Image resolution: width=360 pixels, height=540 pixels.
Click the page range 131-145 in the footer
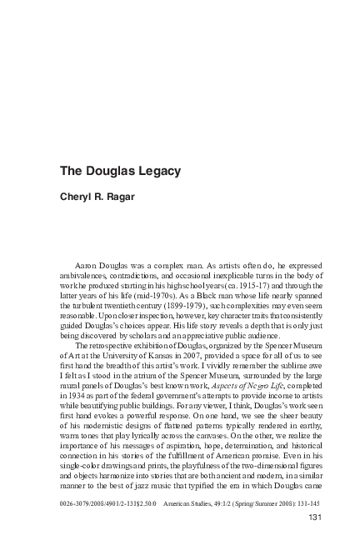305,504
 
